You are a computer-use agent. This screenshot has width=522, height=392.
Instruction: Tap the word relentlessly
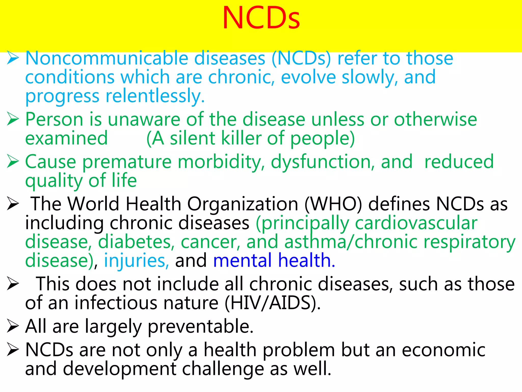[155, 96]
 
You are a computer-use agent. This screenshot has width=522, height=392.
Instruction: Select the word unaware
[144, 119]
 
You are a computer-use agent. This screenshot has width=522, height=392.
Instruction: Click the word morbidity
[221, 162]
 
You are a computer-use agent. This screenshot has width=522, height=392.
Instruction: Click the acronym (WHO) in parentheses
[333, 204]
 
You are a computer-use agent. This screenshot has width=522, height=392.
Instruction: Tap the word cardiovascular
[416, 223]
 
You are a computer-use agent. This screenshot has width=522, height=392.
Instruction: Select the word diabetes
[136, 242]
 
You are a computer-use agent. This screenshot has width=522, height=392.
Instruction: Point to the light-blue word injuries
[136, 261]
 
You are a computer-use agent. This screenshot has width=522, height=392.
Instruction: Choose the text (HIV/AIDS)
[272, 303]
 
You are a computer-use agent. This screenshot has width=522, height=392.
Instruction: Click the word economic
[443, 350]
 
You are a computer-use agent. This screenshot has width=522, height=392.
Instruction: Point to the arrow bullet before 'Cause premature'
[13, 162]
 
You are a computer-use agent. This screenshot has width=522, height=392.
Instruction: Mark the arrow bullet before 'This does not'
[13, 284]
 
